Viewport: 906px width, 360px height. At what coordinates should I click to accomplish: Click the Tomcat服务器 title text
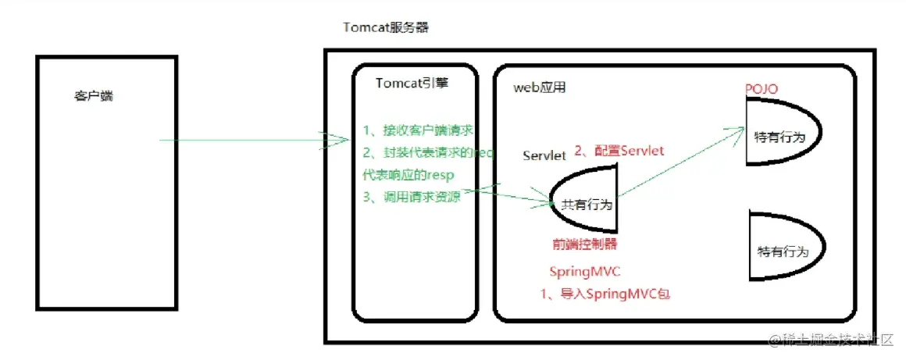(386, 27)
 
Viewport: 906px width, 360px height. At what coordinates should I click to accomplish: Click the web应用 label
(539, 87)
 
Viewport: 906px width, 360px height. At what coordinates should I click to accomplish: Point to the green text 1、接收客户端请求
(418, 130)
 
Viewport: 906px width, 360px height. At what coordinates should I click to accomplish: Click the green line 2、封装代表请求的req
(428, 152)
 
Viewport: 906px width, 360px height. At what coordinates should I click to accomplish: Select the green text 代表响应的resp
(407, 174)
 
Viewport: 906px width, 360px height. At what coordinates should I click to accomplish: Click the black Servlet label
(544, 155)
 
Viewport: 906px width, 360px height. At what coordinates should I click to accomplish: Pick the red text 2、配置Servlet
(619, 150)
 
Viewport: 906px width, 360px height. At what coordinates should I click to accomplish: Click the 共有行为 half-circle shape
(586, 204)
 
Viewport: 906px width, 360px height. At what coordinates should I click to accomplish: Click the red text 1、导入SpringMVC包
(605, 294)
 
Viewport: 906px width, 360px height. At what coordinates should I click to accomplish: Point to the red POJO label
(762, 89)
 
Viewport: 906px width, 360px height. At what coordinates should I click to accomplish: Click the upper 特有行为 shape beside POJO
(780, 136)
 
